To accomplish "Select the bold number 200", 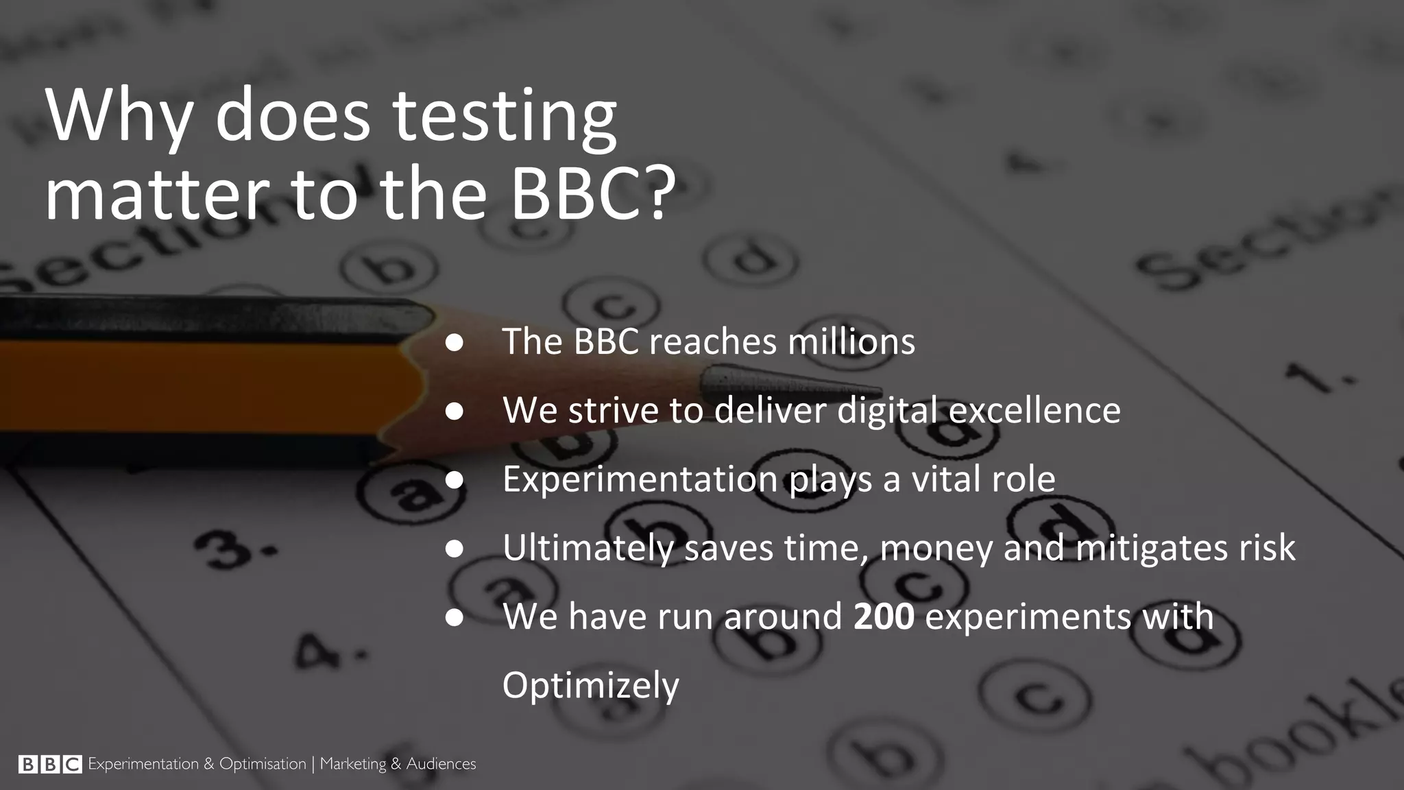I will point(884,616).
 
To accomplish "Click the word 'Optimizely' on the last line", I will point(590,685).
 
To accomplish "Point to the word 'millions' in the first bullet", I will point(851,342).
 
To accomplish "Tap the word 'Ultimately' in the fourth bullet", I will point(588,548).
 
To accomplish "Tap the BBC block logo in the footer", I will point(50,764).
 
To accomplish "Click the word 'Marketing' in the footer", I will point(353,764).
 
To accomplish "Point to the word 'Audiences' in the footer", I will point(441,764).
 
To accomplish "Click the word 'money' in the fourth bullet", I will point(936,548).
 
